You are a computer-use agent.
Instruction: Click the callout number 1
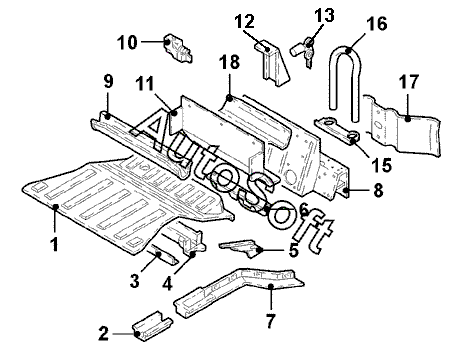(x=55, y=244)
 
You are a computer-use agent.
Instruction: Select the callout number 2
(x=104, y=333)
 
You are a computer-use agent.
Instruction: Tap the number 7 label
(x=270, y=321)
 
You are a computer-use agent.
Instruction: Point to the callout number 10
(x=127, y=43)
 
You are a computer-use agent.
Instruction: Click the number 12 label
(x=244, y=21)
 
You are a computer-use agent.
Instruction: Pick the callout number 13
(x=324, y=15)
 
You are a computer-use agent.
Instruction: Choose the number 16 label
(x=377, y=24)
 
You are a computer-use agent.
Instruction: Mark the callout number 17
(x=409, y=82)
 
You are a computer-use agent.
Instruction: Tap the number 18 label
(x=230, y=62)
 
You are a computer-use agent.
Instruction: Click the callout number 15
(x=381, y=165)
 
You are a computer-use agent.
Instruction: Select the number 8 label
(x=378, y=191)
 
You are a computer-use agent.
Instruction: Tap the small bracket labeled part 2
(x=153, y=327)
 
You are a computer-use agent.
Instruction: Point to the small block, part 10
(x=178, y=48)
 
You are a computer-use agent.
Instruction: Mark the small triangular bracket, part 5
(x=241, y=247)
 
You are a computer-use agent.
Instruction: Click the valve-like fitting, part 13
(x=304, y=51)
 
